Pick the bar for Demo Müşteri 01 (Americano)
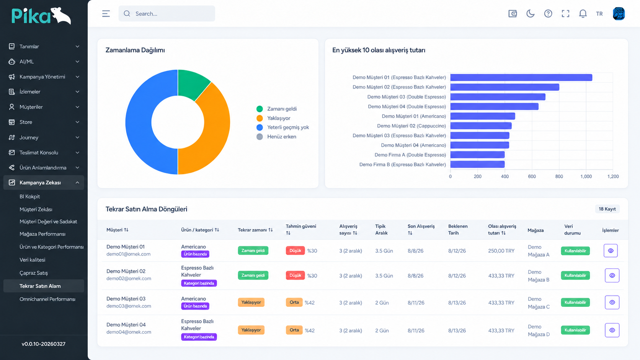[x=483, y=116]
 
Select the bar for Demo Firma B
[x=477, y=165]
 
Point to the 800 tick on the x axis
[x=559, y=176]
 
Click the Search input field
[x=167, y=13]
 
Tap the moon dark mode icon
[x=530, y=13]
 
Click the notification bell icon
[x=583, y=13]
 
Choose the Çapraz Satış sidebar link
[x=34, y=273]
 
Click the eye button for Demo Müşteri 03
[x=612, y=302]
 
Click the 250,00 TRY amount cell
[x=501, y=251]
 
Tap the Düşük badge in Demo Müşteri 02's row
[x=295, y=275]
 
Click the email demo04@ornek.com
[x=129, y=332]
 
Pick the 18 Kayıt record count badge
[x=607, y=209]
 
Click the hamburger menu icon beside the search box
[x=106, y=13]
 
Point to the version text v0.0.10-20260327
[x=43, y=344]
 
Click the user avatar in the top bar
[x=619, y=13]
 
